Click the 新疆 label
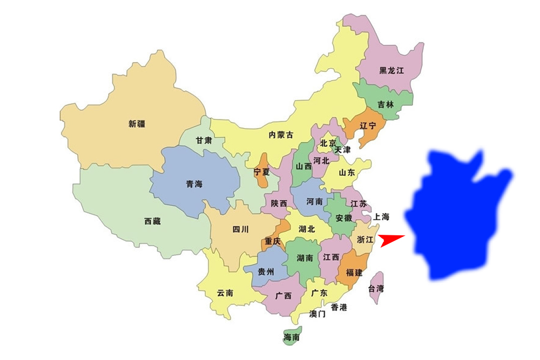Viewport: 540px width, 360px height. pyautogui.click(x=137, y=124)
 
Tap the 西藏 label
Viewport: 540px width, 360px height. pyautogui.click(x=153, y=221)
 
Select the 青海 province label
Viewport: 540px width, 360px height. pyautogui.click(x=194, y=184)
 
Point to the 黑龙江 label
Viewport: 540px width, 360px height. pyautogui.click(x=391, y=71)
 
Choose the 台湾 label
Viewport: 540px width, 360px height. pyautogui.click(x=376, y=288)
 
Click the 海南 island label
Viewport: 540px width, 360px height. pyautogui.click(x=291, y=338)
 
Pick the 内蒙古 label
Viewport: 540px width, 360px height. pyautogui.click(x=281, y=135)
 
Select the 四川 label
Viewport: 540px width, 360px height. pyautogui.click(x=241, y=229)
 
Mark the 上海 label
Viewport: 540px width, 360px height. pyautogui.click(x=381, y=217)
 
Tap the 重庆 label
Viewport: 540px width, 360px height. pyautogui.click(x=273, y=242)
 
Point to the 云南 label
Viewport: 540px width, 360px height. pyautogui.click(x=225, y=293)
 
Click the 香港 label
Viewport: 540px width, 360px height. pyautogui.click(x=339, y=308)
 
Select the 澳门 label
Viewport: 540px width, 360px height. pyautogui.click(x=318, y=314)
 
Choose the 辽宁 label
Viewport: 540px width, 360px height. pyautogui.click(x=368, y=126)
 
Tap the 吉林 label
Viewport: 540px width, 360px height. pyautogui.click(x=386, y=105)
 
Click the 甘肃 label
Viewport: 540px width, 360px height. pyautogui.click(x=204, y=140)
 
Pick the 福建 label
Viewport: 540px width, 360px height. pyautogui.click(x=354, y=273)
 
